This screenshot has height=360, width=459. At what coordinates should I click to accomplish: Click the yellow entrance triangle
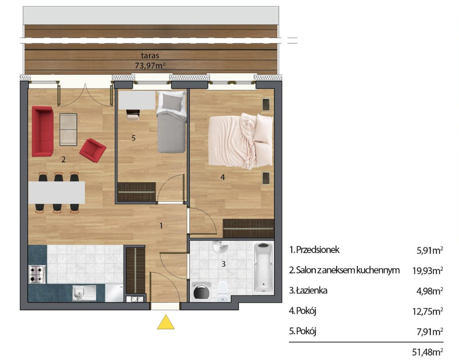[166, 323]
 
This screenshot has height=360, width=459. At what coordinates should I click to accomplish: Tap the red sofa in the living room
[43, 131]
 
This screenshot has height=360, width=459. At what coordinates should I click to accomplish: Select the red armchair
[93, 150]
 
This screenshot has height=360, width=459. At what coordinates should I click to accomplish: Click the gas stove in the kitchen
[37, 274]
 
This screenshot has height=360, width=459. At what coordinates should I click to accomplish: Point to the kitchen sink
[84, 293]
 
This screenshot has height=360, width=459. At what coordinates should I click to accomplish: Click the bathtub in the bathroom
[264, 268]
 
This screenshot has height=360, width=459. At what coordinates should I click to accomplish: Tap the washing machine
[201, 290]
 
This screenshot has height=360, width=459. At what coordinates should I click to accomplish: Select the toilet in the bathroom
[223, 291]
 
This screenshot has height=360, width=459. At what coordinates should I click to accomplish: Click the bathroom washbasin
[220, 247]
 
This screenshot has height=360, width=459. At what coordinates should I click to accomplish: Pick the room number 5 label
[134, 138]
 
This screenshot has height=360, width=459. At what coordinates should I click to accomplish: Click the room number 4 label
[223, 177]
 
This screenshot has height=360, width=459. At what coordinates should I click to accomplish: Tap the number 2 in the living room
[63, 160]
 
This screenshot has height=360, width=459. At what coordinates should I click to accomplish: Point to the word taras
[150, 55]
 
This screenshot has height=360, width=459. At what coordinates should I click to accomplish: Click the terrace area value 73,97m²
[150, 66]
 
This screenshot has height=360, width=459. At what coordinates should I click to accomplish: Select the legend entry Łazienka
[308, 290]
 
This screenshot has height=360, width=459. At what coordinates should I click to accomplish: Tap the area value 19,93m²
[428, 271]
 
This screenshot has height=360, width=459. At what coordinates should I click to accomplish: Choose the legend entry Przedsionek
[314, 250]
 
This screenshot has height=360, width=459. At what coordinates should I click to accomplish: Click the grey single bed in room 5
[171, 122]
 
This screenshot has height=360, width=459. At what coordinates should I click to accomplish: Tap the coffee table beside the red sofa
[68, 130]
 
